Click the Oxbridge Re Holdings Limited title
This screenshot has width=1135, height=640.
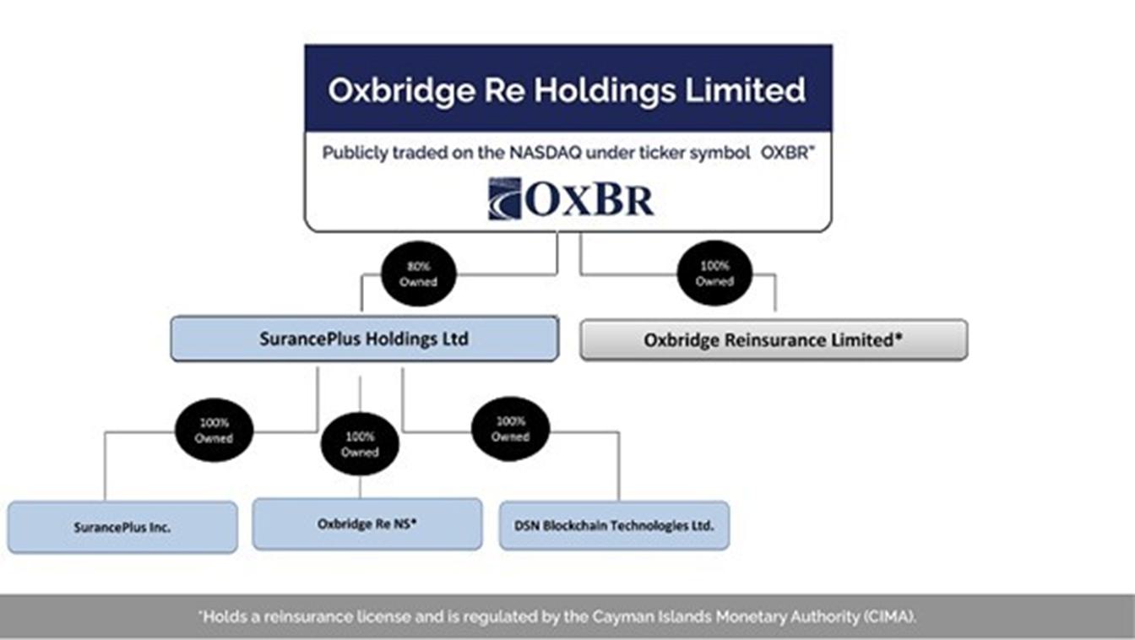[567, 90]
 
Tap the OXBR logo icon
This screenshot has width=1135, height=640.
[505, 198]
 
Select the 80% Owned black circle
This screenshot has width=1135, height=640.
[418, 274]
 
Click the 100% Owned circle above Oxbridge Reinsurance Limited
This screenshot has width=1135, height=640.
[714, 274]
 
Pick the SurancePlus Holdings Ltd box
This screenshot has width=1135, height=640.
[363, 339]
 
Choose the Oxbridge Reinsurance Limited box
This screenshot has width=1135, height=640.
[773, 340]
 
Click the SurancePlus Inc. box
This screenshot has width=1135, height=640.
[122, 527]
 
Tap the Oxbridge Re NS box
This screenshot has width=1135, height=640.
[367, 524]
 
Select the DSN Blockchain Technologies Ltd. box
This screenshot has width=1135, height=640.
[614, 525]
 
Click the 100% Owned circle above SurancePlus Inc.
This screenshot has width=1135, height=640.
[214, 431]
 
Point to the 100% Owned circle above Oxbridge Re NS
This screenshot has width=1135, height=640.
[360, 444]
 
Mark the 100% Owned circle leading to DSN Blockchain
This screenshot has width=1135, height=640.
[510, 429]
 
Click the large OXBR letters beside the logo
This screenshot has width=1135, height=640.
[590, 199]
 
